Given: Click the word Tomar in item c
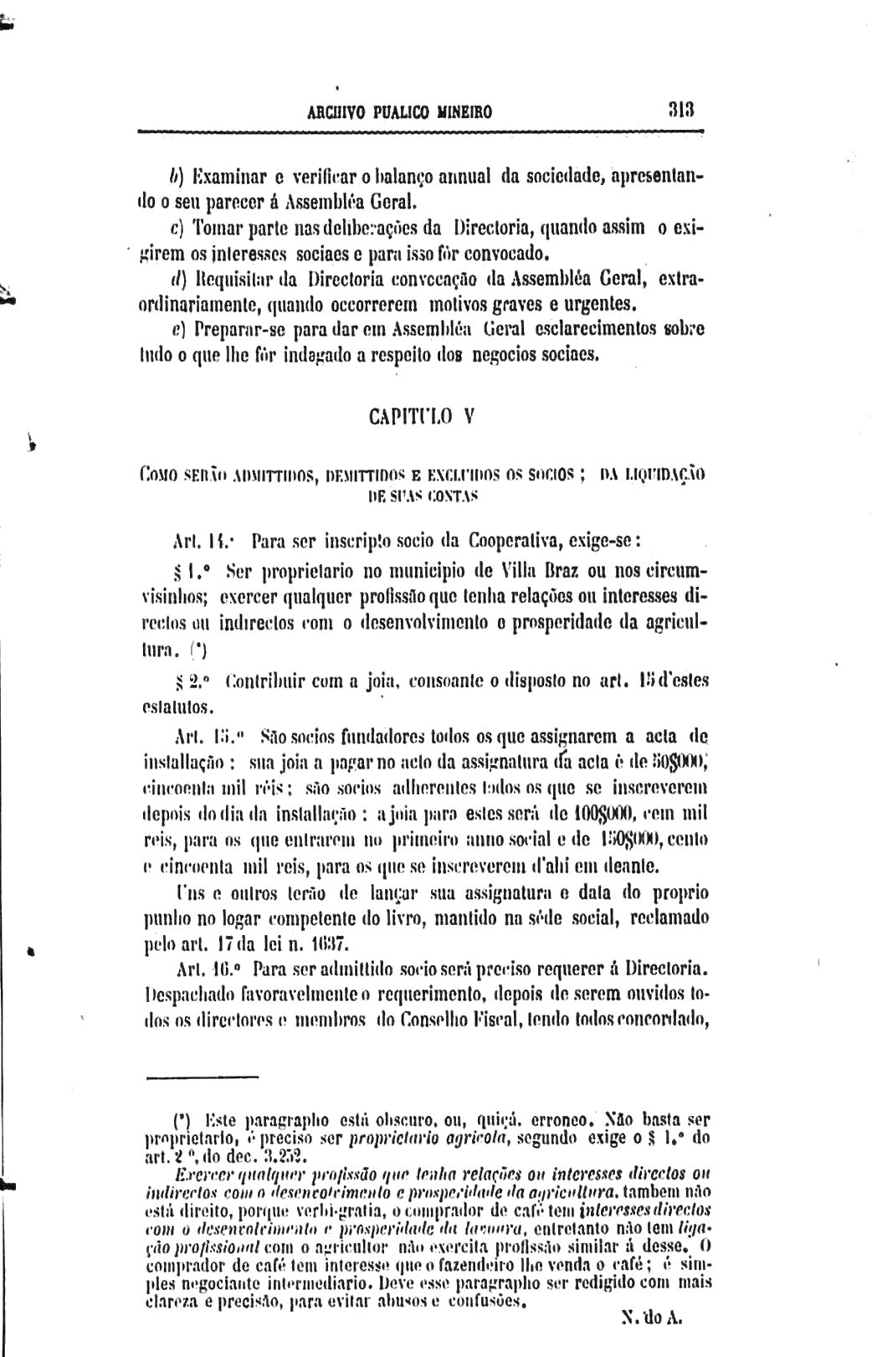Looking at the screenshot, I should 218,228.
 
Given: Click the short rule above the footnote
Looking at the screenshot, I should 202,1077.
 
